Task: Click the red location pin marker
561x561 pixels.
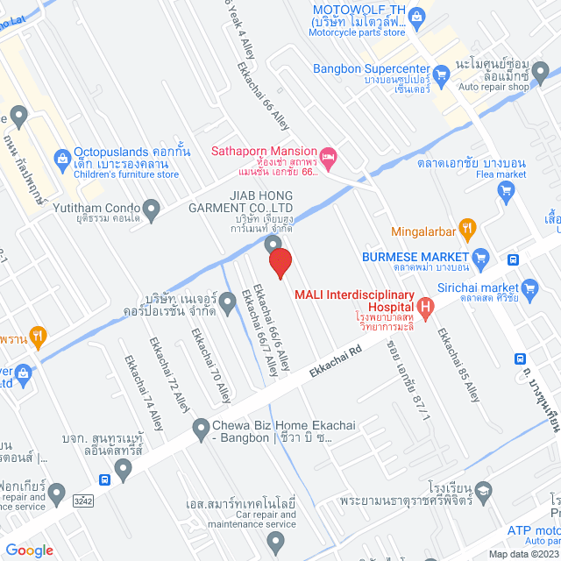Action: (280, 263)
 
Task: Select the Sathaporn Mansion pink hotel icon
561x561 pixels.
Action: (330, 159)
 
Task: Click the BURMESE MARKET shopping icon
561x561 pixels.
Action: (479, 257)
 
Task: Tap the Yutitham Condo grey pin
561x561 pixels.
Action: (151, 209)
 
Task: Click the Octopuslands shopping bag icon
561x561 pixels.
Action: (62, 158)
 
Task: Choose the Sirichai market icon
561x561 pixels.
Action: (529, 287)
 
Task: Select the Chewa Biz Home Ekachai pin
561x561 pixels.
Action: (200, 429)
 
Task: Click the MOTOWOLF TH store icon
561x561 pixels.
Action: (418, 13)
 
